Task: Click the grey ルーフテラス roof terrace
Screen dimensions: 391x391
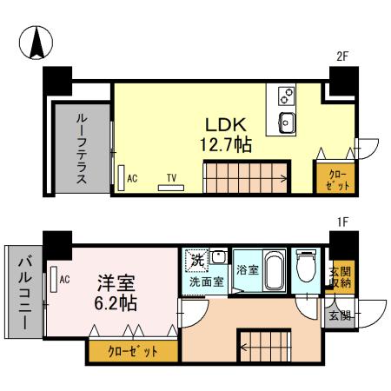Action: pyautogui.click(x=80, y=148)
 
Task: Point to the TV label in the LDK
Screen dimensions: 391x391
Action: pyautogui.click(x=171, y=179)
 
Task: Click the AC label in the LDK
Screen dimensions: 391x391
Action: pyautogui.click(x=132, y=178)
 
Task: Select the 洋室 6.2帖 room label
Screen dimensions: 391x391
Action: pyautogui.click(x=115, y=293)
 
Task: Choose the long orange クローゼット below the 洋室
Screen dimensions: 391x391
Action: pyautogui.click(x=133, y=351)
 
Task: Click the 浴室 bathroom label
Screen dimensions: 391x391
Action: pyautogui.click(x=248, y=269)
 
